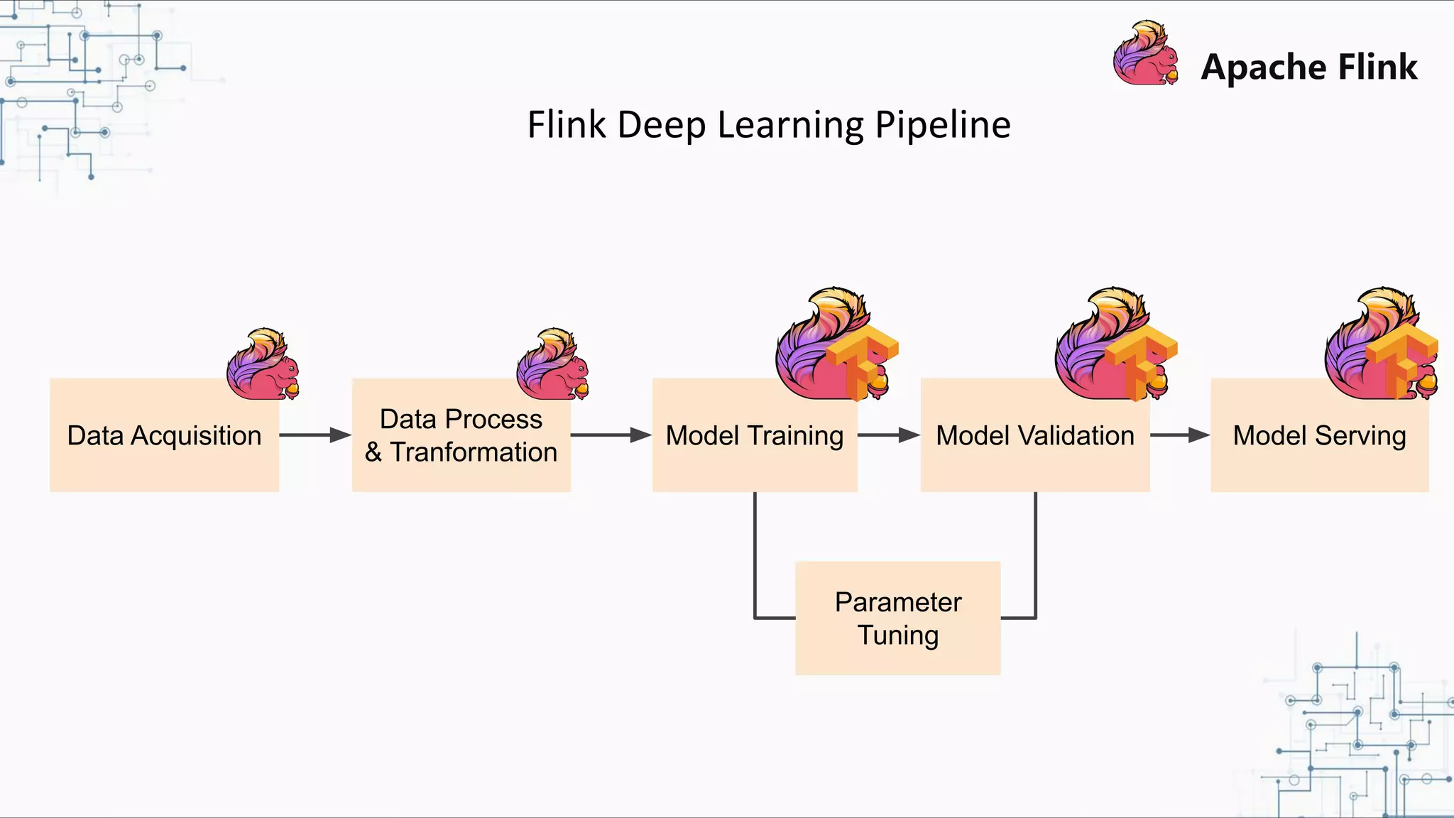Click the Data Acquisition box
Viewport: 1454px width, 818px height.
tap(164, 435)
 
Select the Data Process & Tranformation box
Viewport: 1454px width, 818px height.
tap(461, 435)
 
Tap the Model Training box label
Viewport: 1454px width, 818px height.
tap(755, 435)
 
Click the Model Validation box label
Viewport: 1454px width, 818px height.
tap(1035, 435)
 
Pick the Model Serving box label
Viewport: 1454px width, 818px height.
tap(1319, 435)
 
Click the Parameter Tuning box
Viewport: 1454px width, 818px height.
tap(897, 618)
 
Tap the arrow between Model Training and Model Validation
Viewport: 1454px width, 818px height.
tap(888, 435)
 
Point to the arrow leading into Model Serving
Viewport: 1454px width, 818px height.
tap(1179, 435)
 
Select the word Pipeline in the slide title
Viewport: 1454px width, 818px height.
tap(942, 125)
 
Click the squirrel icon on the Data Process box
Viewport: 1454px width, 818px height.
tap(552, 364)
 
